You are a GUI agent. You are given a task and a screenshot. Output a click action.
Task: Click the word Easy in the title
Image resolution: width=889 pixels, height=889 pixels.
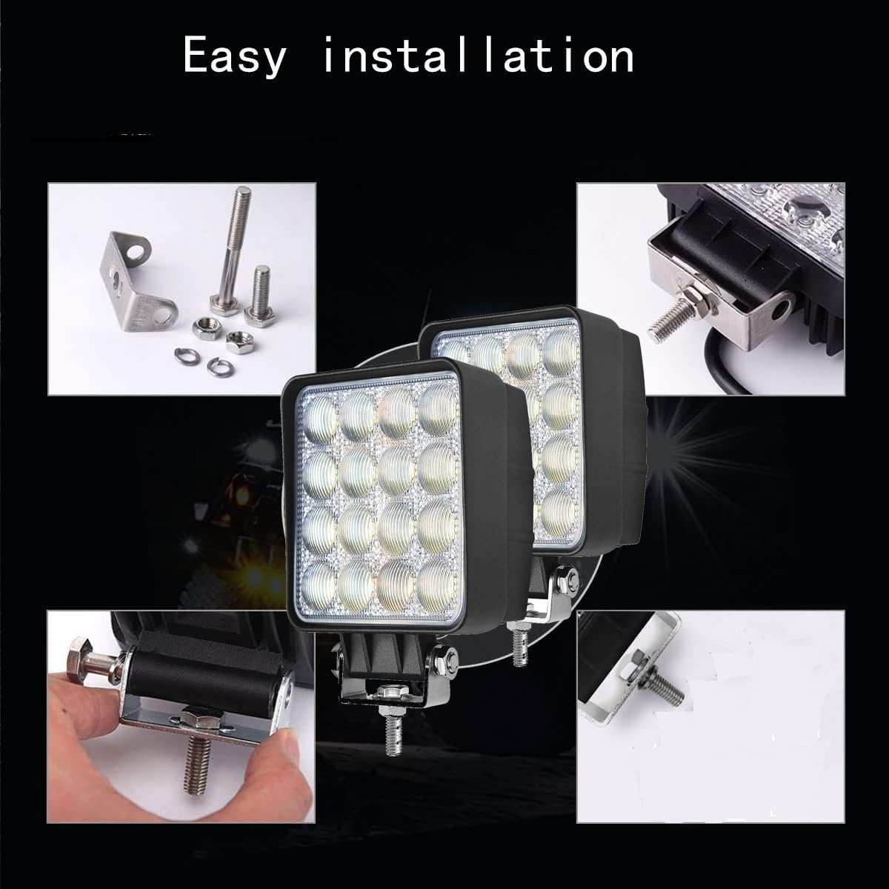click(234, 57)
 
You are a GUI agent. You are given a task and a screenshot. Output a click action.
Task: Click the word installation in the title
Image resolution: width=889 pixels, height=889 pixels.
click(478, 56)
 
